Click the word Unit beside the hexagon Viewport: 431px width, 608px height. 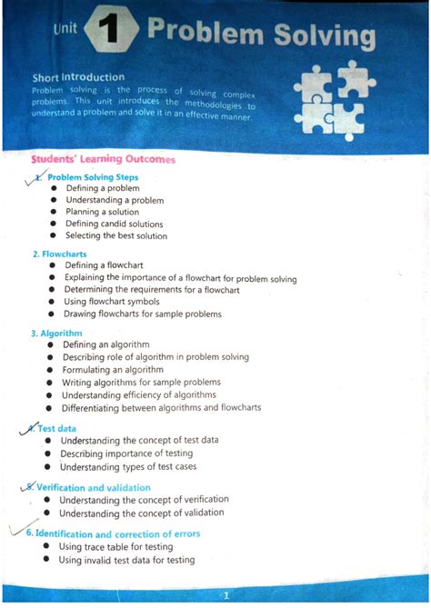65,30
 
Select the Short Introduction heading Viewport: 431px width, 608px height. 78,77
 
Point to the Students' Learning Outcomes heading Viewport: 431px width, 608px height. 102,159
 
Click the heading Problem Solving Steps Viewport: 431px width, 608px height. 93,176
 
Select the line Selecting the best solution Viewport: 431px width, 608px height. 115,235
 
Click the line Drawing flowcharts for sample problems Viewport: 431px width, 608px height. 142,314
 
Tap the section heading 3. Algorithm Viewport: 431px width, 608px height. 56,334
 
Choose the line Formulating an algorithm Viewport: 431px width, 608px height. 112,370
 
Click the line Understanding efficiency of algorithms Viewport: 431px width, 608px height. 138,394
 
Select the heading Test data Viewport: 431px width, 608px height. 55,428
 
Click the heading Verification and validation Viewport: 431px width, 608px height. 93,488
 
